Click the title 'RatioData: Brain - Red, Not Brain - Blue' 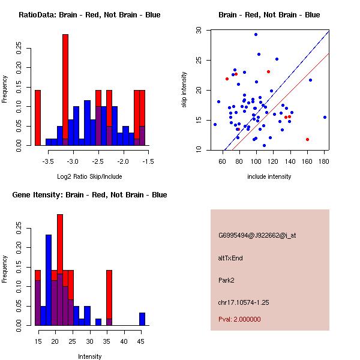89,15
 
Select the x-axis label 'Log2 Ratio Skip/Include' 89,176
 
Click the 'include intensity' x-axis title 269,176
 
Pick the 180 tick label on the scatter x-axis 325,161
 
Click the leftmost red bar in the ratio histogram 37,118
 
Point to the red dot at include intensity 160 307,139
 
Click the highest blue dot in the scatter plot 256,34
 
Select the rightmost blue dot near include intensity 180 325,117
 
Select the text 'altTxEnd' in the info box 230,258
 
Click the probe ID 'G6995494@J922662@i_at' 257,235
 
